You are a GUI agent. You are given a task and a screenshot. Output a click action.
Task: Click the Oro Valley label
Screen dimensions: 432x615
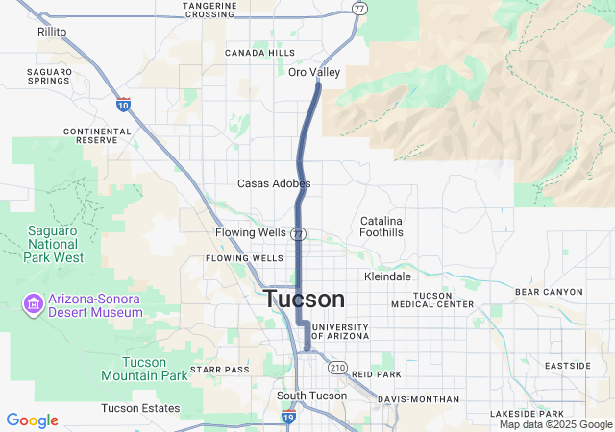pos(314,72)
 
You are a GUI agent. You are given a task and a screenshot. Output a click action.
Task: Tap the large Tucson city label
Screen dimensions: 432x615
pos(304,299)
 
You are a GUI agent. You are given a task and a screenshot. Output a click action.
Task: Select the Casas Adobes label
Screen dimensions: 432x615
pos(274,183)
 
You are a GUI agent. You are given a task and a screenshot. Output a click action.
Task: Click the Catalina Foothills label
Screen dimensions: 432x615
pos(381,227)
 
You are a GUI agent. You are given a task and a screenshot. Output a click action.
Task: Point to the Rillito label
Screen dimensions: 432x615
pos(52,32)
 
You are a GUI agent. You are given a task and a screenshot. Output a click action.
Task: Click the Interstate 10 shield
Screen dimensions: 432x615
pos(123,103)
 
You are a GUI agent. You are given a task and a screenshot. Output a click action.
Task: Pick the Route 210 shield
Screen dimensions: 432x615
pos(336,368)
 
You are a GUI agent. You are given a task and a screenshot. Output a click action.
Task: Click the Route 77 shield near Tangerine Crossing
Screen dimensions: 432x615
pos(358,9)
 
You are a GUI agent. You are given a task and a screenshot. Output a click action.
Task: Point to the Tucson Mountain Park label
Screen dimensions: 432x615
pos(143,369)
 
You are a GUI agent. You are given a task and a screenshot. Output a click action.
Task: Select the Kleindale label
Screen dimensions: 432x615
pos(388,276)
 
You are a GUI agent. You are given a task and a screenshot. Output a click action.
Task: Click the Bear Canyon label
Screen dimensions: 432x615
pos(549,291)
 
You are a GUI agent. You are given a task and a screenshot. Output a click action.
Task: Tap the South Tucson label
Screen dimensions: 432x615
pos(311,396)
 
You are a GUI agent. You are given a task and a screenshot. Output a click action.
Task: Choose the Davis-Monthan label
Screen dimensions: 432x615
pos(418,399)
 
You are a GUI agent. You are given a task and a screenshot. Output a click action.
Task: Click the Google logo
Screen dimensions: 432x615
pos(32,420)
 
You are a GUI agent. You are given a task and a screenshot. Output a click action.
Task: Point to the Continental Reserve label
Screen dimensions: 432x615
pos(90,135)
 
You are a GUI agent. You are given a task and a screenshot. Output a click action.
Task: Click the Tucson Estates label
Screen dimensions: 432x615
pos(139,409)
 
